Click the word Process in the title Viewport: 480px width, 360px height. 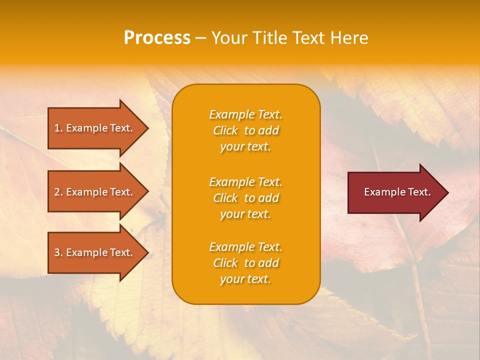(157, 38)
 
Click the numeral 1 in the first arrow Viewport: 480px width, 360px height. (57, 128)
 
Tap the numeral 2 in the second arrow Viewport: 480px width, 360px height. (57, 192)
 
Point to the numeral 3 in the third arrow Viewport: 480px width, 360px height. (57, 252)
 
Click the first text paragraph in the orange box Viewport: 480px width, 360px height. (245, 130)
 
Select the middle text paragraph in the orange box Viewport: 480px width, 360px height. (245, 198)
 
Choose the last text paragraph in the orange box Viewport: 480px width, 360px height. (245, 263)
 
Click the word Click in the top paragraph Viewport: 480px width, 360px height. (225, 130)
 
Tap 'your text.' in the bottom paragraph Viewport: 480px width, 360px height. (245, 279)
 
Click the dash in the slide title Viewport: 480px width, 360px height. (200, 38)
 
